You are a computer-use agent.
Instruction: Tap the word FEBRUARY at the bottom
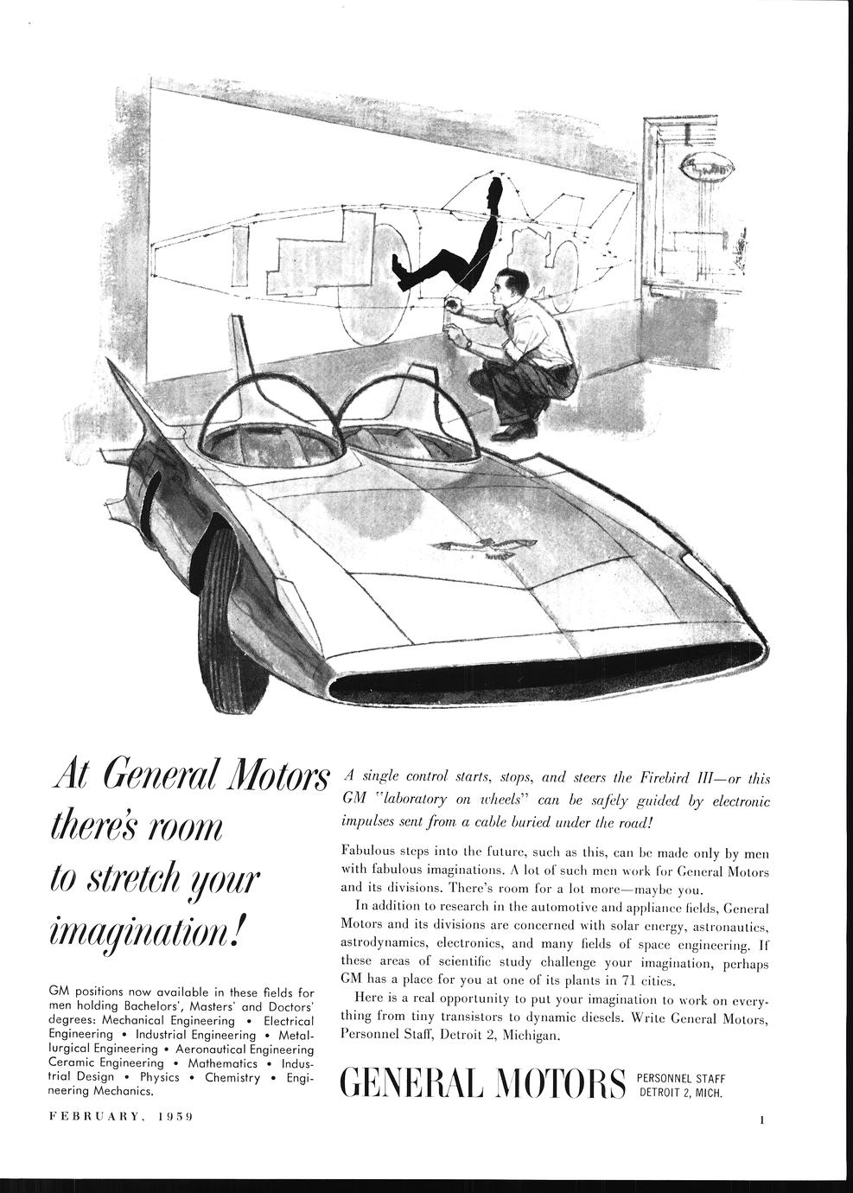pos(97,1116)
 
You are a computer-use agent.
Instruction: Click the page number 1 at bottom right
pos(763,1121)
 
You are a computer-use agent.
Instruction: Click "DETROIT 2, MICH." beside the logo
pos(678,1093)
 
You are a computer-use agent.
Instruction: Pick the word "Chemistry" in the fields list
pos(233,1077)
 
